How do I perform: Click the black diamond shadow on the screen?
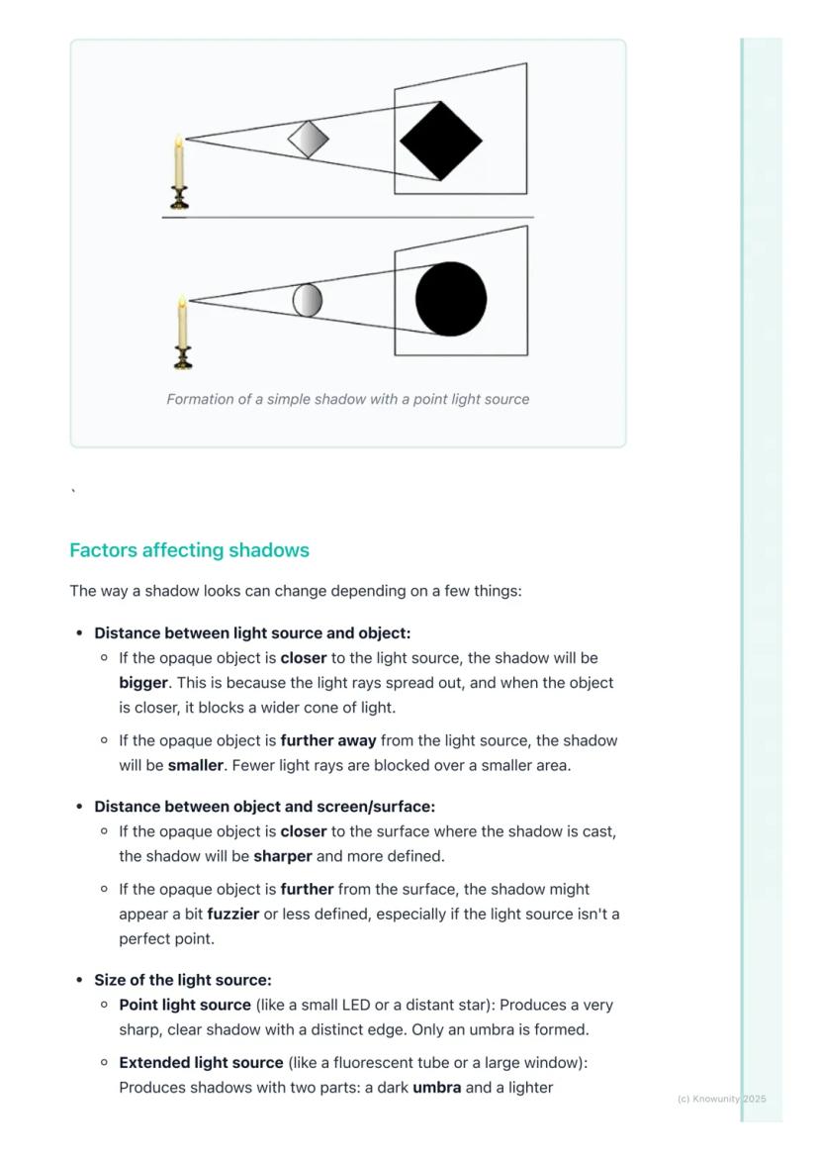pos(440,141)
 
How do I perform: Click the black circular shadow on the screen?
pos(451,299)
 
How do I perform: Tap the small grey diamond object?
pos(308,140)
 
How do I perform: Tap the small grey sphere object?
pos(308,300)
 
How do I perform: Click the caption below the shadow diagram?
pos(347,400)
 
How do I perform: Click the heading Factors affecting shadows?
pos(189,550)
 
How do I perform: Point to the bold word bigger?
pos(142,683)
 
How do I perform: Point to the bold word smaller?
pos(195,765)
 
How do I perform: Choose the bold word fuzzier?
pos(232,915)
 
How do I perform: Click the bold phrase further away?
pos(327,740)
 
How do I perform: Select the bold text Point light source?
pos(185,1005)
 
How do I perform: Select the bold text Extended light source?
pos(201,1063)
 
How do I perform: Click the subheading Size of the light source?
pos(182,980)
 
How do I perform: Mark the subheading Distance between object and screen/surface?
pos(264,807)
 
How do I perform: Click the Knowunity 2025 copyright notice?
pos(721,1099)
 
